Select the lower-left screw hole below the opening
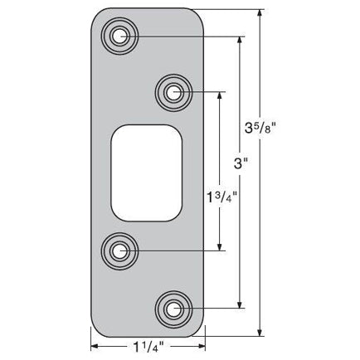click(122, 249)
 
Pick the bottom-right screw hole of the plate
click(173, 309)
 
